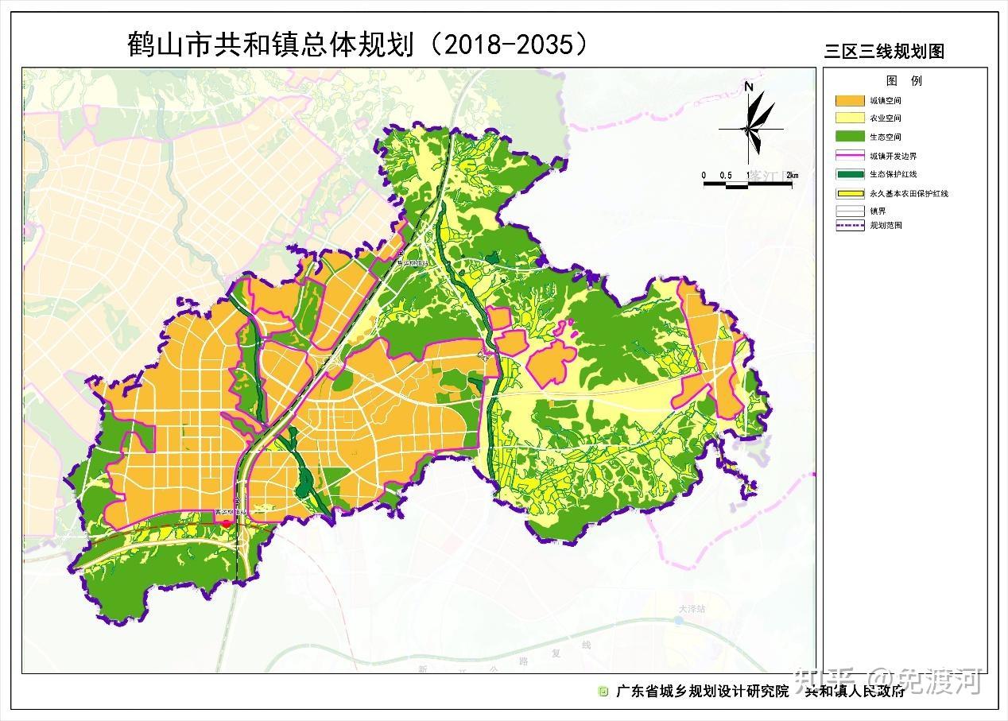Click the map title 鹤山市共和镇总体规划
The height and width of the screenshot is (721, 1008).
pos(270,45)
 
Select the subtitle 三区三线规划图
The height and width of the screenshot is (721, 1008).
pos(883,52)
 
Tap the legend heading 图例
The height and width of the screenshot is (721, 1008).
pos(904,81)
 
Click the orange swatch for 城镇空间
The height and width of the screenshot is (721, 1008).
pos(849,101)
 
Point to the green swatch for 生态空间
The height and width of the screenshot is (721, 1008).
pos(849,137)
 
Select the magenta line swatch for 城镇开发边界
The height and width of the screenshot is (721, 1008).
pos(849,156)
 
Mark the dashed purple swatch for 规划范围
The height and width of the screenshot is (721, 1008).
pos(849,225)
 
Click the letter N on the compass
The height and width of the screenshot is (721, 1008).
pos(749,87)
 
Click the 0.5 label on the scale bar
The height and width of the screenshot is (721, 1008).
pos(725,175)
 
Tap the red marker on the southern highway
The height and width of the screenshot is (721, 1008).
pos(225,523)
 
